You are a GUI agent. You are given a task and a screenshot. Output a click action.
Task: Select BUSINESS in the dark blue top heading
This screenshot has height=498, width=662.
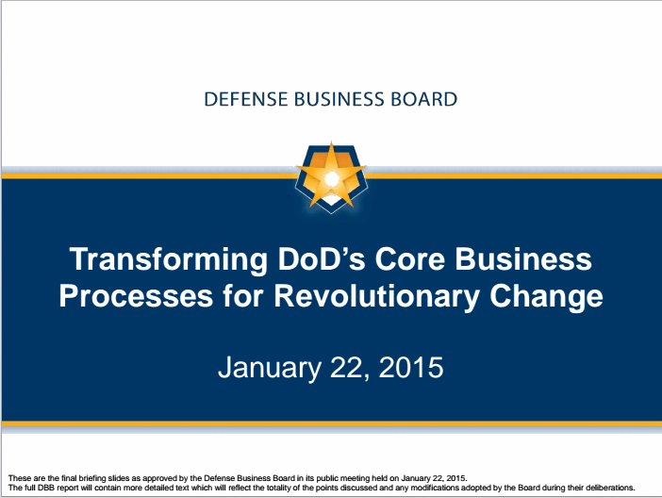339,99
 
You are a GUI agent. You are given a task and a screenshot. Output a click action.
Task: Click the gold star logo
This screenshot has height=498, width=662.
331,176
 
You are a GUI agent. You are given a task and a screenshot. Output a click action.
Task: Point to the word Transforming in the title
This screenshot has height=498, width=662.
169,259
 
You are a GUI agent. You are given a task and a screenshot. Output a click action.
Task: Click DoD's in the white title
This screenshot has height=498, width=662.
322,258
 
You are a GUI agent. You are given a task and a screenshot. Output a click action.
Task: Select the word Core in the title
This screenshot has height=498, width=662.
410,258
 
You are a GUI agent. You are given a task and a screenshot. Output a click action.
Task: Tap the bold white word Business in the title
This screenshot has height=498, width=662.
523,258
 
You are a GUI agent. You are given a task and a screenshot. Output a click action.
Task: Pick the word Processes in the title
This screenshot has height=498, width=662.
136,295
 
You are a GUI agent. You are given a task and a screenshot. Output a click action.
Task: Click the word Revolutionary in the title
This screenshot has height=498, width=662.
376,297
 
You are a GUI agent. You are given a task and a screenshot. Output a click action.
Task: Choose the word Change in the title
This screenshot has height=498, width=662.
546,297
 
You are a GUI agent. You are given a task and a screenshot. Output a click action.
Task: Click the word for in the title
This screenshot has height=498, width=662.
243,295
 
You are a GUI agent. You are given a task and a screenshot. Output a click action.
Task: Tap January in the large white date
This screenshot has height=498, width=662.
270,368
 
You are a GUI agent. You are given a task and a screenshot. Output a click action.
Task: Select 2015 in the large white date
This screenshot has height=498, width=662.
411,367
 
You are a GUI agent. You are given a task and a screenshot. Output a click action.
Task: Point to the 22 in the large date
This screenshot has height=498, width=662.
349,368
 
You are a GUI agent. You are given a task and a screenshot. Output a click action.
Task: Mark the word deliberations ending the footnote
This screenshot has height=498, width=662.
610,488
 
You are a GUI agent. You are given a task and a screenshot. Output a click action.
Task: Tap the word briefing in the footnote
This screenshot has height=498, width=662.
92,478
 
